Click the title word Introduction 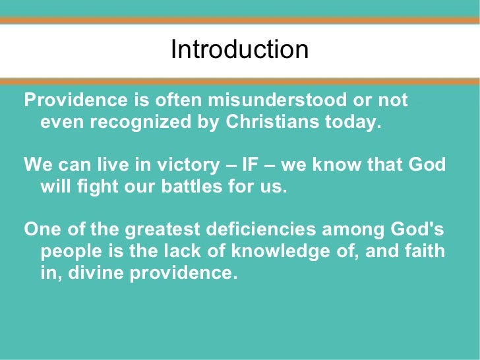pos(239,50)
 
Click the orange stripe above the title pos(240,20)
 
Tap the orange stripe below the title pos(240,81)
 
